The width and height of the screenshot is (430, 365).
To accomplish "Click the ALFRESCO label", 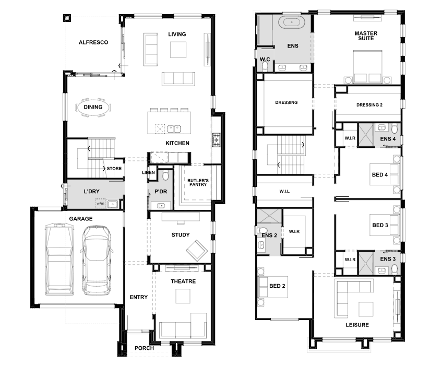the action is [x=93, y=42].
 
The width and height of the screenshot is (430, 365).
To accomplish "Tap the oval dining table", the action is [x=93, y=107].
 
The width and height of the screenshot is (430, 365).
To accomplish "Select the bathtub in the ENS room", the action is [x=292, y=22].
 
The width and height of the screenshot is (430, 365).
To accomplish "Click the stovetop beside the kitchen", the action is [x=217, y=140].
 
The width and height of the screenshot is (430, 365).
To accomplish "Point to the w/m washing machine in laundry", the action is [x=100, y=204].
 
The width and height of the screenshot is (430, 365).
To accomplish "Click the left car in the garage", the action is [x=59, y=260].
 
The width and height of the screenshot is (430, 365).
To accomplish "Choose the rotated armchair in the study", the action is [x=197, y=250].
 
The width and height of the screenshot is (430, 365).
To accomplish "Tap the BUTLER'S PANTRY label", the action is [x=198, y=183].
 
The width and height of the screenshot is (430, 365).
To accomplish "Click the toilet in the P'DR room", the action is [x=165, y=175].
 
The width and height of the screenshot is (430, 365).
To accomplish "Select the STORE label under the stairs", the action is [x=114, y=169].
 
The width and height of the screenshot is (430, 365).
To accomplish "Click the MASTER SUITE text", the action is [x=366, y=36].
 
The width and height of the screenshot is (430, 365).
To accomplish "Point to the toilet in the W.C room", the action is [x=265, y=66].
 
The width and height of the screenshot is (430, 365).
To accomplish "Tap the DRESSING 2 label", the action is [x=369, y=105].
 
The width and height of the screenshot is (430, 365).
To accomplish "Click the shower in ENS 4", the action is [x=366, y=135].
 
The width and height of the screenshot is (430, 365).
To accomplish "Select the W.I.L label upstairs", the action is [x=284, y=191].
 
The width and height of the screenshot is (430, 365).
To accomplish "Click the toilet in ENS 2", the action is [x=262, y=230].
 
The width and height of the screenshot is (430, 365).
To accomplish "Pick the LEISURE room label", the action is [x=357, y=325].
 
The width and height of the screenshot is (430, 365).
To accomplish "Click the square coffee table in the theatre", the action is [x=183, y=296].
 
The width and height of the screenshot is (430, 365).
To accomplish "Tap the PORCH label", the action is [x=144, y=348].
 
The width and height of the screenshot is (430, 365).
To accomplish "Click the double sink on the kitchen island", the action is [x=174, y=129].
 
